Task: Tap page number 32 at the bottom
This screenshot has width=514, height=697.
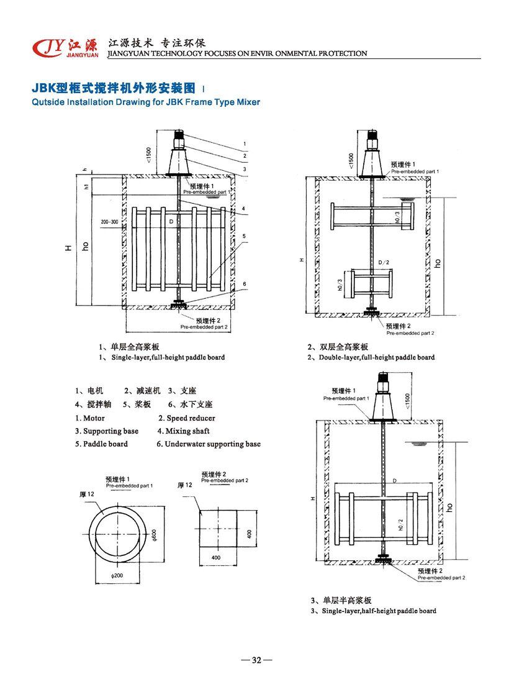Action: coord(256,660)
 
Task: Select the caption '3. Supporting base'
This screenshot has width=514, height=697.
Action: coord(107,431)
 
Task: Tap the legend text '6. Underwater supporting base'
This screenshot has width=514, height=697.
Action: coord(209,444)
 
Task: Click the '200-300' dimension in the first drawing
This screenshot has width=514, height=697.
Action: coord(109,222)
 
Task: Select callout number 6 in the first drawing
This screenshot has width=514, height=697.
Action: coord(245,284)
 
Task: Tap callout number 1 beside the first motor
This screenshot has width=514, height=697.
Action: coord(245,144)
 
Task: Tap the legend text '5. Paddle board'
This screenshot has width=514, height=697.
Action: coord(101,444)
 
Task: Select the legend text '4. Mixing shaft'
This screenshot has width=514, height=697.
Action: coord(183,431)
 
